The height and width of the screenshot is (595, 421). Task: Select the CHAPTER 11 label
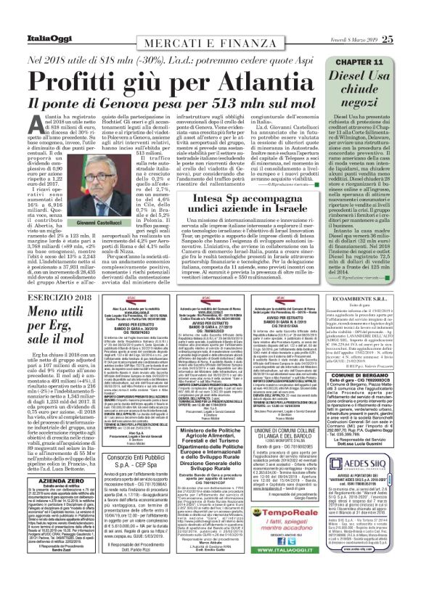pyautogui.click(x=369, y=43)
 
